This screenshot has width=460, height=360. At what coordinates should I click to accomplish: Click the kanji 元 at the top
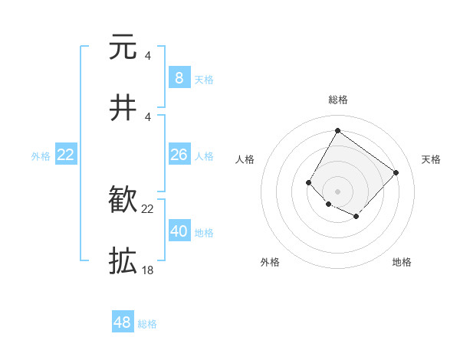[123, 47]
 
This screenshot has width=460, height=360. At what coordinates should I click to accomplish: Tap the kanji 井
[123, 108]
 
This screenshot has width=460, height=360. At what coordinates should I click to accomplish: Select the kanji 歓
[123, 201]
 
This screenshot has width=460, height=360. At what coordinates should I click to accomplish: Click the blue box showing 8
[179, 78]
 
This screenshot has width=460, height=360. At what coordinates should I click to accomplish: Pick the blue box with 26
[179, 155]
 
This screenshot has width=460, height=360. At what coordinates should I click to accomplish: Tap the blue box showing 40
[179, 231]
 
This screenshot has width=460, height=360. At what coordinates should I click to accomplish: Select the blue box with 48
[123, 322]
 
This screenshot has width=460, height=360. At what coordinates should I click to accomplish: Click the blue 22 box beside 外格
[66, 155]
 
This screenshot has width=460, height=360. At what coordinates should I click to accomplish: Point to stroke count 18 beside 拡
[147, 270]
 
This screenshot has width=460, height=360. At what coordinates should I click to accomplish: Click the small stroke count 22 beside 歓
[147, 208]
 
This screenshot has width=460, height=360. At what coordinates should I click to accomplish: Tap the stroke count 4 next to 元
[147, 55]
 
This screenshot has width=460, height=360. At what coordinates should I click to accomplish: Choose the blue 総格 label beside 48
[147, 324]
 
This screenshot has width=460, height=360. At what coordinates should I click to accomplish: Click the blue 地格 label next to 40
[204, 233]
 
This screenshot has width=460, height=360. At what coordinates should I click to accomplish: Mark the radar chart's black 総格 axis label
[337, 100]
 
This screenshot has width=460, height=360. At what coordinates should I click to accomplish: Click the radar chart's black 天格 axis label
[431, 159]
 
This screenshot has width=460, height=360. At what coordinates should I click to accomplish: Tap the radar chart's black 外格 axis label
[270, 262]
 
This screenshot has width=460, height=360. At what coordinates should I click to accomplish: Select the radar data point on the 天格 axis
[396, 172]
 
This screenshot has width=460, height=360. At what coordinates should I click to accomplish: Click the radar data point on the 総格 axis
[337, 130]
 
